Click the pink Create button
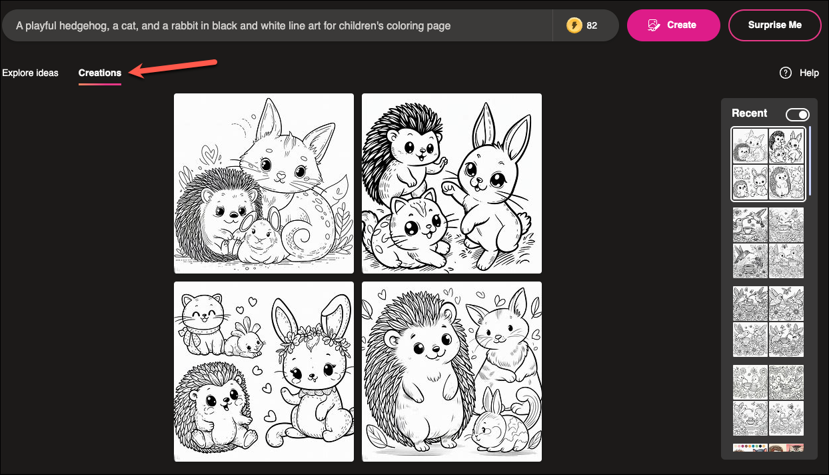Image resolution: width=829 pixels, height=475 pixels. pyautogui.click(x=673, y=25)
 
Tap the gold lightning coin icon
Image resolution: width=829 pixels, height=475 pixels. pyautogui.click(x=574, y=25)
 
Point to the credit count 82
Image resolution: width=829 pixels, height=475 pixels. pyautogui.click(x=592, y=25)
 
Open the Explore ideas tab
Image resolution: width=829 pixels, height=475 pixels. pyautogui.click(x=31, y=73)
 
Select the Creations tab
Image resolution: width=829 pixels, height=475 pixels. pyautogui.click(x=100, y=73)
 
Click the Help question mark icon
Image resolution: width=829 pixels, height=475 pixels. pyautogui.click(x=785, y=73)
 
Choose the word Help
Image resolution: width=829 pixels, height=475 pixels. pyautogui.click(x=809, y=73)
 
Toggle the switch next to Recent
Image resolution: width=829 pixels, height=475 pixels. pyautogui.click(x=798, y=115)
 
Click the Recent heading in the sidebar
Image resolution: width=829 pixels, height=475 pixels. pyautogui.click(x=750, y=113)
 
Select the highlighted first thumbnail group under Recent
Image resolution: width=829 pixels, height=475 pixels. pyautogui.click(x=768, y=164)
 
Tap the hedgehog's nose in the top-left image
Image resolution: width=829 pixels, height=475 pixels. pyautogui.click(x=233, y=214)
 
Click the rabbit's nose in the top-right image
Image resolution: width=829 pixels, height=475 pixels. pyautogui.click(x=478, y=181)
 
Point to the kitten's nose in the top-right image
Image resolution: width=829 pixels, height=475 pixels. pyautogui.click(x=428, y=225)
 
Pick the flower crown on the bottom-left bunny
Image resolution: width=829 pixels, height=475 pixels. pyautogui.click(x=313, y=338)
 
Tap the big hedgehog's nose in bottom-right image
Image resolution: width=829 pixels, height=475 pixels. pyautogui.click(x=436, y=349)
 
